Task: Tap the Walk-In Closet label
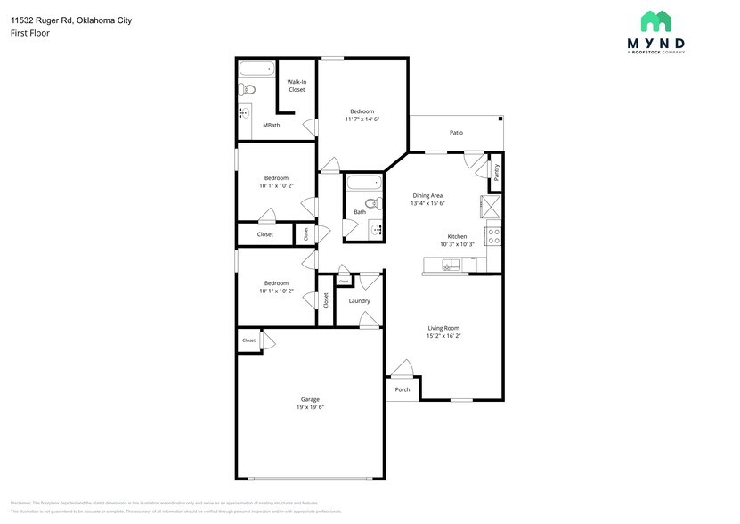(296, 86)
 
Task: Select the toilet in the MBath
(248, 89)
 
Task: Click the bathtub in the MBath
(257, 68)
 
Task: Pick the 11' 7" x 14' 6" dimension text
(362, 119)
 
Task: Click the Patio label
(456, 133)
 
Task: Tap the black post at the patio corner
(500, 118)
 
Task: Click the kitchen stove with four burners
(492, 236)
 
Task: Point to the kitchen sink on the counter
(453, 264)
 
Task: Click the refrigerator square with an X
(491, 207)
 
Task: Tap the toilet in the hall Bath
(375, 204)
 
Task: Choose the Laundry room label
(359, 300)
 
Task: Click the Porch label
(403, 389)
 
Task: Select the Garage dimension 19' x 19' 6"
(310, 407)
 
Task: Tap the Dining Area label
(427, 195)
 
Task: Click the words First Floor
(30, 33)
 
